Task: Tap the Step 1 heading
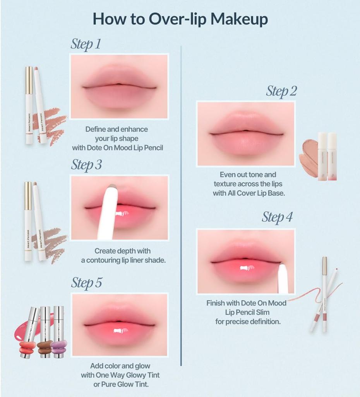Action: (86, 44)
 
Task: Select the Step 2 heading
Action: (281, 91)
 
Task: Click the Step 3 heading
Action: (86, 165)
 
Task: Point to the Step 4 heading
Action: (277, 217)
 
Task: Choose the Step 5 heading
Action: (86, 283)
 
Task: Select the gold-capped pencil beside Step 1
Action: (29, 105)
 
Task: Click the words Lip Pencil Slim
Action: (247, 312)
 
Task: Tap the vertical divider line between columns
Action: (181, 205)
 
